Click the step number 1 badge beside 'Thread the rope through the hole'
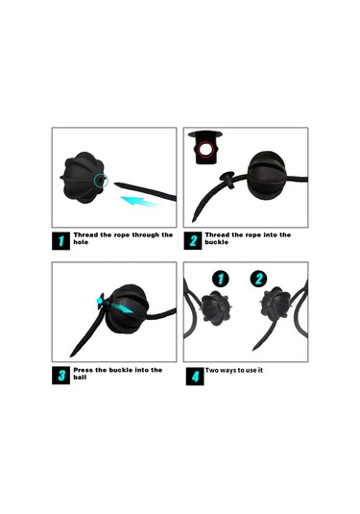point(60,241)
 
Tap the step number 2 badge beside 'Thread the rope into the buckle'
point(193,241)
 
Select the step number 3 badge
point(60,376)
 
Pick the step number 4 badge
point(195,377)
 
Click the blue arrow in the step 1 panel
point(139,201)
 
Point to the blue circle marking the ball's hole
point(101,181)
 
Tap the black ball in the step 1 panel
point(84,178)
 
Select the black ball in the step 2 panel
point(267,175)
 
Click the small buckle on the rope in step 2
point(228,179)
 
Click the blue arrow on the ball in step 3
point(121,307)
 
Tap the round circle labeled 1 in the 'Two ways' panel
point(221,279)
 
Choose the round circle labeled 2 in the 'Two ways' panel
point(258,279)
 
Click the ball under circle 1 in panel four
point(216,307)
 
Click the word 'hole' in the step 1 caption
point(81,242)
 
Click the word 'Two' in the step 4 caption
point(211,371)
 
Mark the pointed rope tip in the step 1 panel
point(114,184)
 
